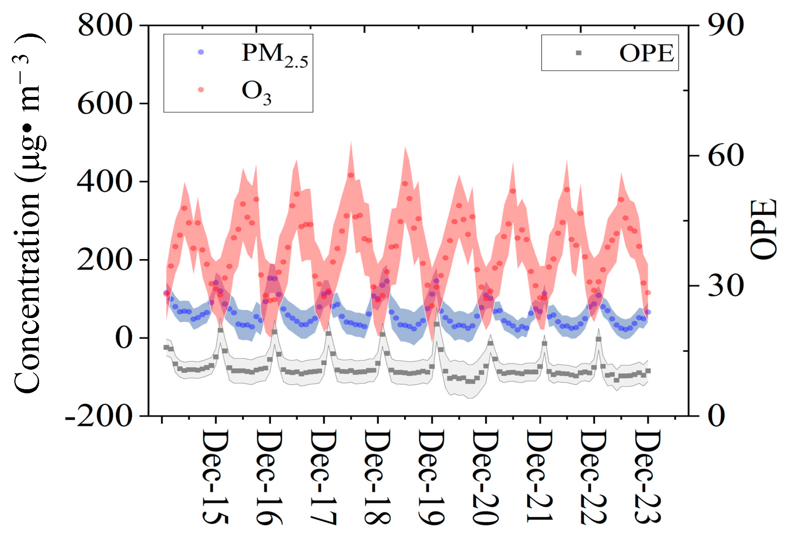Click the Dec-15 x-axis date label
pyautogui.click(x=215, y=477)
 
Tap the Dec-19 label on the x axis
pyautogui.click(x=431, y=477)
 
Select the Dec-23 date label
pyautogui.click(x=648, y=477)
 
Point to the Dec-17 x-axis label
pyautogui.click(x=323, y=477)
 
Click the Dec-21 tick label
pyautogui.click(x=539, y=476)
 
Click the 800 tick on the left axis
pyautogui.click(x=105, y=25)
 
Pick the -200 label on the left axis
pyautogui.click(x=99, y=416)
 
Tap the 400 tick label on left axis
pyautogui.click(x=105, y=181)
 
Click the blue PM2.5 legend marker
pyautogui.click(x=201, y=52)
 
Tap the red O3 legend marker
pyautogui.click(x=201, y=90)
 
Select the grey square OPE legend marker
pyautogui.click(x=579, y=53)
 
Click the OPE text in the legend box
pyautogui.click(x=646, y=53)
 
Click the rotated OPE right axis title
pyautogui.click(x=763, y=229)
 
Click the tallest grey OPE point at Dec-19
pyautogui.click(x=437, y=324)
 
